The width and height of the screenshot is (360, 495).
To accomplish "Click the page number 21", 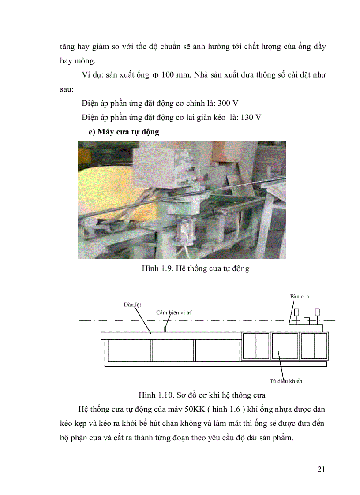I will (x=321, y=469).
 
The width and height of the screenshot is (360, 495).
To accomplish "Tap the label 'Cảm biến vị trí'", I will (x=174, y=313).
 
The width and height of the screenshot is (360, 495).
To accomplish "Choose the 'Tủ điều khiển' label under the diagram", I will (x=286, y=381).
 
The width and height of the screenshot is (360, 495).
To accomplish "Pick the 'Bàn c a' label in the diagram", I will (x=300, y=297).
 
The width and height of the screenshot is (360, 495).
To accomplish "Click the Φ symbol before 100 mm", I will (x=155, y=75).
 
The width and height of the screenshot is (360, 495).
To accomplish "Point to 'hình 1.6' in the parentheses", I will (x=227, y=409).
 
